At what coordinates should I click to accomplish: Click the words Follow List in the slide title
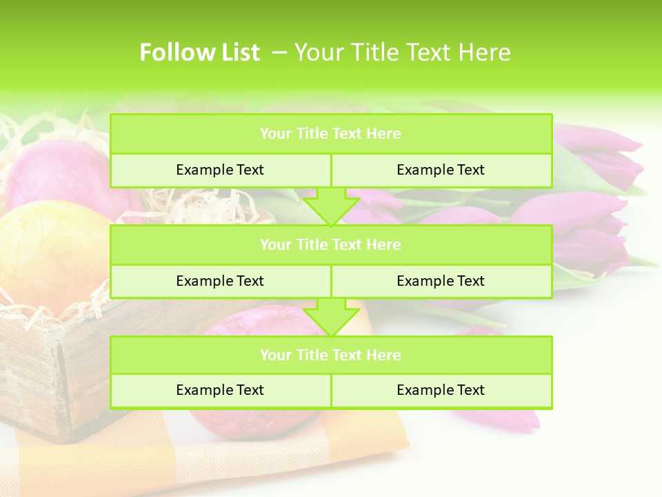click(x=199, y=52)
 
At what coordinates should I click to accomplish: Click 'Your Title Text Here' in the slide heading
click(x=402, y=52)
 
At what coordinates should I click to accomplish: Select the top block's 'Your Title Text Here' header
click(x=330, y=134)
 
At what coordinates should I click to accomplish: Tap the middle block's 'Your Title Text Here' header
click(x=330, y=244)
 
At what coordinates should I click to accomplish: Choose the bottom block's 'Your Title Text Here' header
click(x=330, y=355)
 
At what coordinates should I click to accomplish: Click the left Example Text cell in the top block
click(x=220, y=170)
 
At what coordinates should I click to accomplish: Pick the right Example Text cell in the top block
click(x=441, y=170)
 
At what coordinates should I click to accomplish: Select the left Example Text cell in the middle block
click(x=220, y=281)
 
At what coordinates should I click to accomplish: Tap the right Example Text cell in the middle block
click(x=441, y=281)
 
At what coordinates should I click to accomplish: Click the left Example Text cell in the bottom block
click(x=220, y=390)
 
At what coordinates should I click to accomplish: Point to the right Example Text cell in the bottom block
click(x=441, y=390)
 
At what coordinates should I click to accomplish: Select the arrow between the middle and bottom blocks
click(x=331, y=317)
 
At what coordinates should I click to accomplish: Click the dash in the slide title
click(x=279, y=52)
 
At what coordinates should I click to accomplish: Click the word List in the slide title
click(x=241, y=52)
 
